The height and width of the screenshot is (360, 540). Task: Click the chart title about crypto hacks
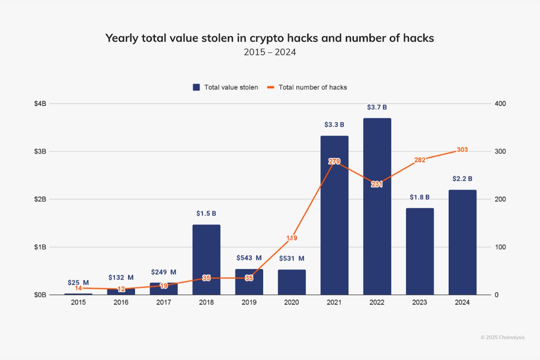click(270, 38)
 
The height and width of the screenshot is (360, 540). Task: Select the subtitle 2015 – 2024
click(270, 52)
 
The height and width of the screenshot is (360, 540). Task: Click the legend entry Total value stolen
click(225, 87)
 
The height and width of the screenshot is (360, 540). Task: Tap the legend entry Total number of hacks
click(307, 87)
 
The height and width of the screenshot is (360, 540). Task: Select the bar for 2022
click(377, 207)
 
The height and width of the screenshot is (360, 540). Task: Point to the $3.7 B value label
click(377, 108)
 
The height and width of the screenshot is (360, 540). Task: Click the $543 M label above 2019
click(249, 258)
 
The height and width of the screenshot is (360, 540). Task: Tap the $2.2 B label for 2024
click(462, 179)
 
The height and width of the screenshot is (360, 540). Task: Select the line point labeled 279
click(334, 162)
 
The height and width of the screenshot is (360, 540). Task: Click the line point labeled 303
click(462, 150)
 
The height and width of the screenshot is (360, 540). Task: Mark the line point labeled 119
click(292, 238)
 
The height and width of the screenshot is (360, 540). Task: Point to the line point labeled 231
click(377, 184)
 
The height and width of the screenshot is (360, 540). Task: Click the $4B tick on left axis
click(40, 103)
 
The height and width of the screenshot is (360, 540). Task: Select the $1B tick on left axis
click(40, 247)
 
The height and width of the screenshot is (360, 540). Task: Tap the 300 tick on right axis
click(500, 151)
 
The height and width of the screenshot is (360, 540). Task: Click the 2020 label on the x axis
click(292, 303)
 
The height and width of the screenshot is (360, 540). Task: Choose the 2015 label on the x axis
click(78, 303)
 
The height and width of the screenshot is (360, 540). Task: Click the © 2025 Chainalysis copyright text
click(502, 337)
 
